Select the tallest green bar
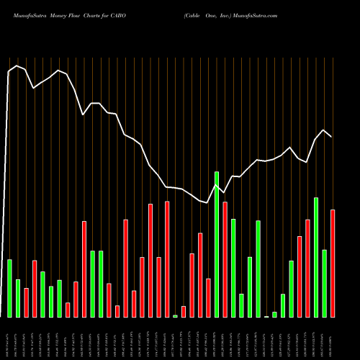pyautogui.click(x=217, y=245)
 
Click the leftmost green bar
pyautogui.click(x=9, y=288)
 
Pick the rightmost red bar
pyautogui.click(x=333, y=263)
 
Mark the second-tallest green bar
pyautogui.click(x=316, y=257)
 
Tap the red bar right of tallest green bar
pyautogui.click(x=225, y=259)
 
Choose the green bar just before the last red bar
pyautogui.click(x=325, y=283)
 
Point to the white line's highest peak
pyautogui.click(x=16, y=66)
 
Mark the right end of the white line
pyautogui.click(x=332, y=136)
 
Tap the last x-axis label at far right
pyautogui.click(x=332, y=338)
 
